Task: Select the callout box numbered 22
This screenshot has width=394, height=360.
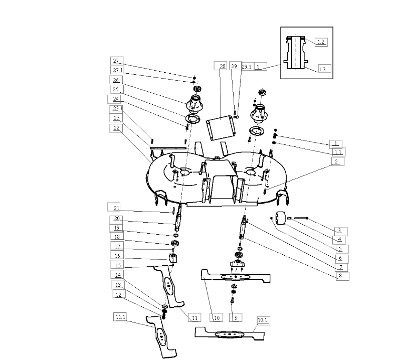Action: [116, 128]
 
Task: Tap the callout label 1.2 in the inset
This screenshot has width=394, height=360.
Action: [321, 42]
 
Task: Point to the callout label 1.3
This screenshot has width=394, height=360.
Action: [322, 69]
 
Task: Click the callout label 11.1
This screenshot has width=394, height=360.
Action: [120, 317]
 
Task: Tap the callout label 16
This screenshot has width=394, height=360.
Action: [117, 255]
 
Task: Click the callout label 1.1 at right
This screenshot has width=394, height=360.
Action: [338, 152]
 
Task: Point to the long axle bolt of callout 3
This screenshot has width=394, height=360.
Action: [301, 218]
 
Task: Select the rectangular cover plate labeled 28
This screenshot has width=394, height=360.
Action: [221, 128]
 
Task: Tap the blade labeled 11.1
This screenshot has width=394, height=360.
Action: [161, 335]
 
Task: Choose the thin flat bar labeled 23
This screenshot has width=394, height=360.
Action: [168, 148]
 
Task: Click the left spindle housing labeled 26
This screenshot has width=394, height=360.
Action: [193, 104]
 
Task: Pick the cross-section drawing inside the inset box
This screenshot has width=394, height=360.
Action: [296, 53]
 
